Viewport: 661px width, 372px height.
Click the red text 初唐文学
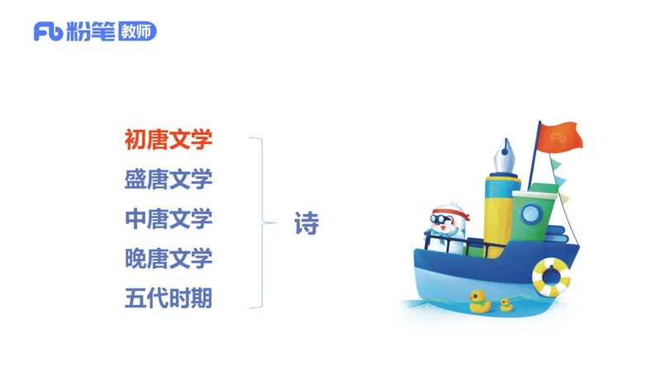pyautogui.click(x=169, y=140)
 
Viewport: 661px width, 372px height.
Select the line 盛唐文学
pyautogui.click(x=169, y=179)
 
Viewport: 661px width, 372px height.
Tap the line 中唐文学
pyautogui.click(x=169, y=219)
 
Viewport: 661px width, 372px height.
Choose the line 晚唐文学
pyautogui.click(x=169, y=258)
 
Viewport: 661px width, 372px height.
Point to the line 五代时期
pyautogui.click(x=169, y=297)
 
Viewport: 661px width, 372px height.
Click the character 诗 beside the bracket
pyautogui.click(x=307, y=223)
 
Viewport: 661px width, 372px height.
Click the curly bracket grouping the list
pyautogui.click(x=264, y=222)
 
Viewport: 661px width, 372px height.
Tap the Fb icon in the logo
pyautogui.click(x=48, y=32)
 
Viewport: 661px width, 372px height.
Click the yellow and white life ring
pyautogui.click(x=551, y=276)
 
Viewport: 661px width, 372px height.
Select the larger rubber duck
pyautogui.click(x=479, y=302)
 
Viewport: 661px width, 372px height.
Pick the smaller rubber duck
pyautogui.click(x=506, y=304)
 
